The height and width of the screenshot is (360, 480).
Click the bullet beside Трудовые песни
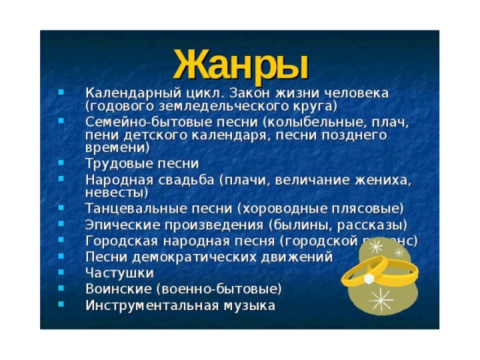[x=60, y=163]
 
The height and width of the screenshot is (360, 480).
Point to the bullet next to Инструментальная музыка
[x=60, y=305]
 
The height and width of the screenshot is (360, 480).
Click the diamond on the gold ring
[x=370, y=279]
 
